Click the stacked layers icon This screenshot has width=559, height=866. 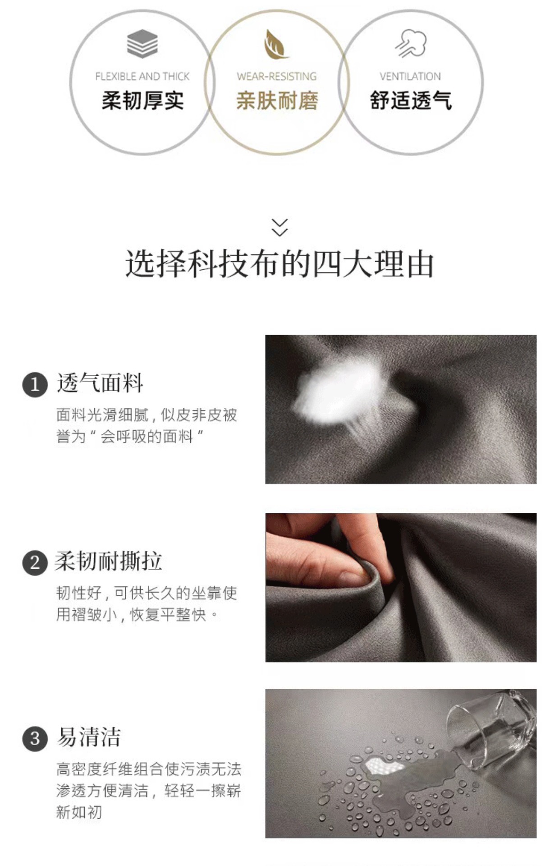[x=142, y=44]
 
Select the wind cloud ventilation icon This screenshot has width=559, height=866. [x=411, y=44]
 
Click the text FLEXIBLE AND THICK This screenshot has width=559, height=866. [x=142, y=76]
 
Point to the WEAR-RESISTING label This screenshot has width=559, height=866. [x=276, y=76]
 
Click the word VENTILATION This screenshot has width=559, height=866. [x=410, y=76]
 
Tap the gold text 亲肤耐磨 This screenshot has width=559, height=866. [x=277, y=100]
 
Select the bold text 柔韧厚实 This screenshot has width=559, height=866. [x=142, y=100]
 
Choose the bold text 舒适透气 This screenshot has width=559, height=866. [x=410, y=100]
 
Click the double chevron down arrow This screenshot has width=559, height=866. [x=279, y=227]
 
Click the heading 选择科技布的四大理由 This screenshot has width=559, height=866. [x=279, y=264]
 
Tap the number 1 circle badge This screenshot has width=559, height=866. [x=35, y=385]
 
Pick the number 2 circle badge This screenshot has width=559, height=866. [x=35, y=562]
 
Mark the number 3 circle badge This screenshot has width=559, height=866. [x=35, y=739]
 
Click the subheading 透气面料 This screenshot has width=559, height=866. [x=100, y=383]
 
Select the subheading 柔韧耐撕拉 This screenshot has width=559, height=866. [x=108, y=561]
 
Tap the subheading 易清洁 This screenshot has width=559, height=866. [x=88, y=737]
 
